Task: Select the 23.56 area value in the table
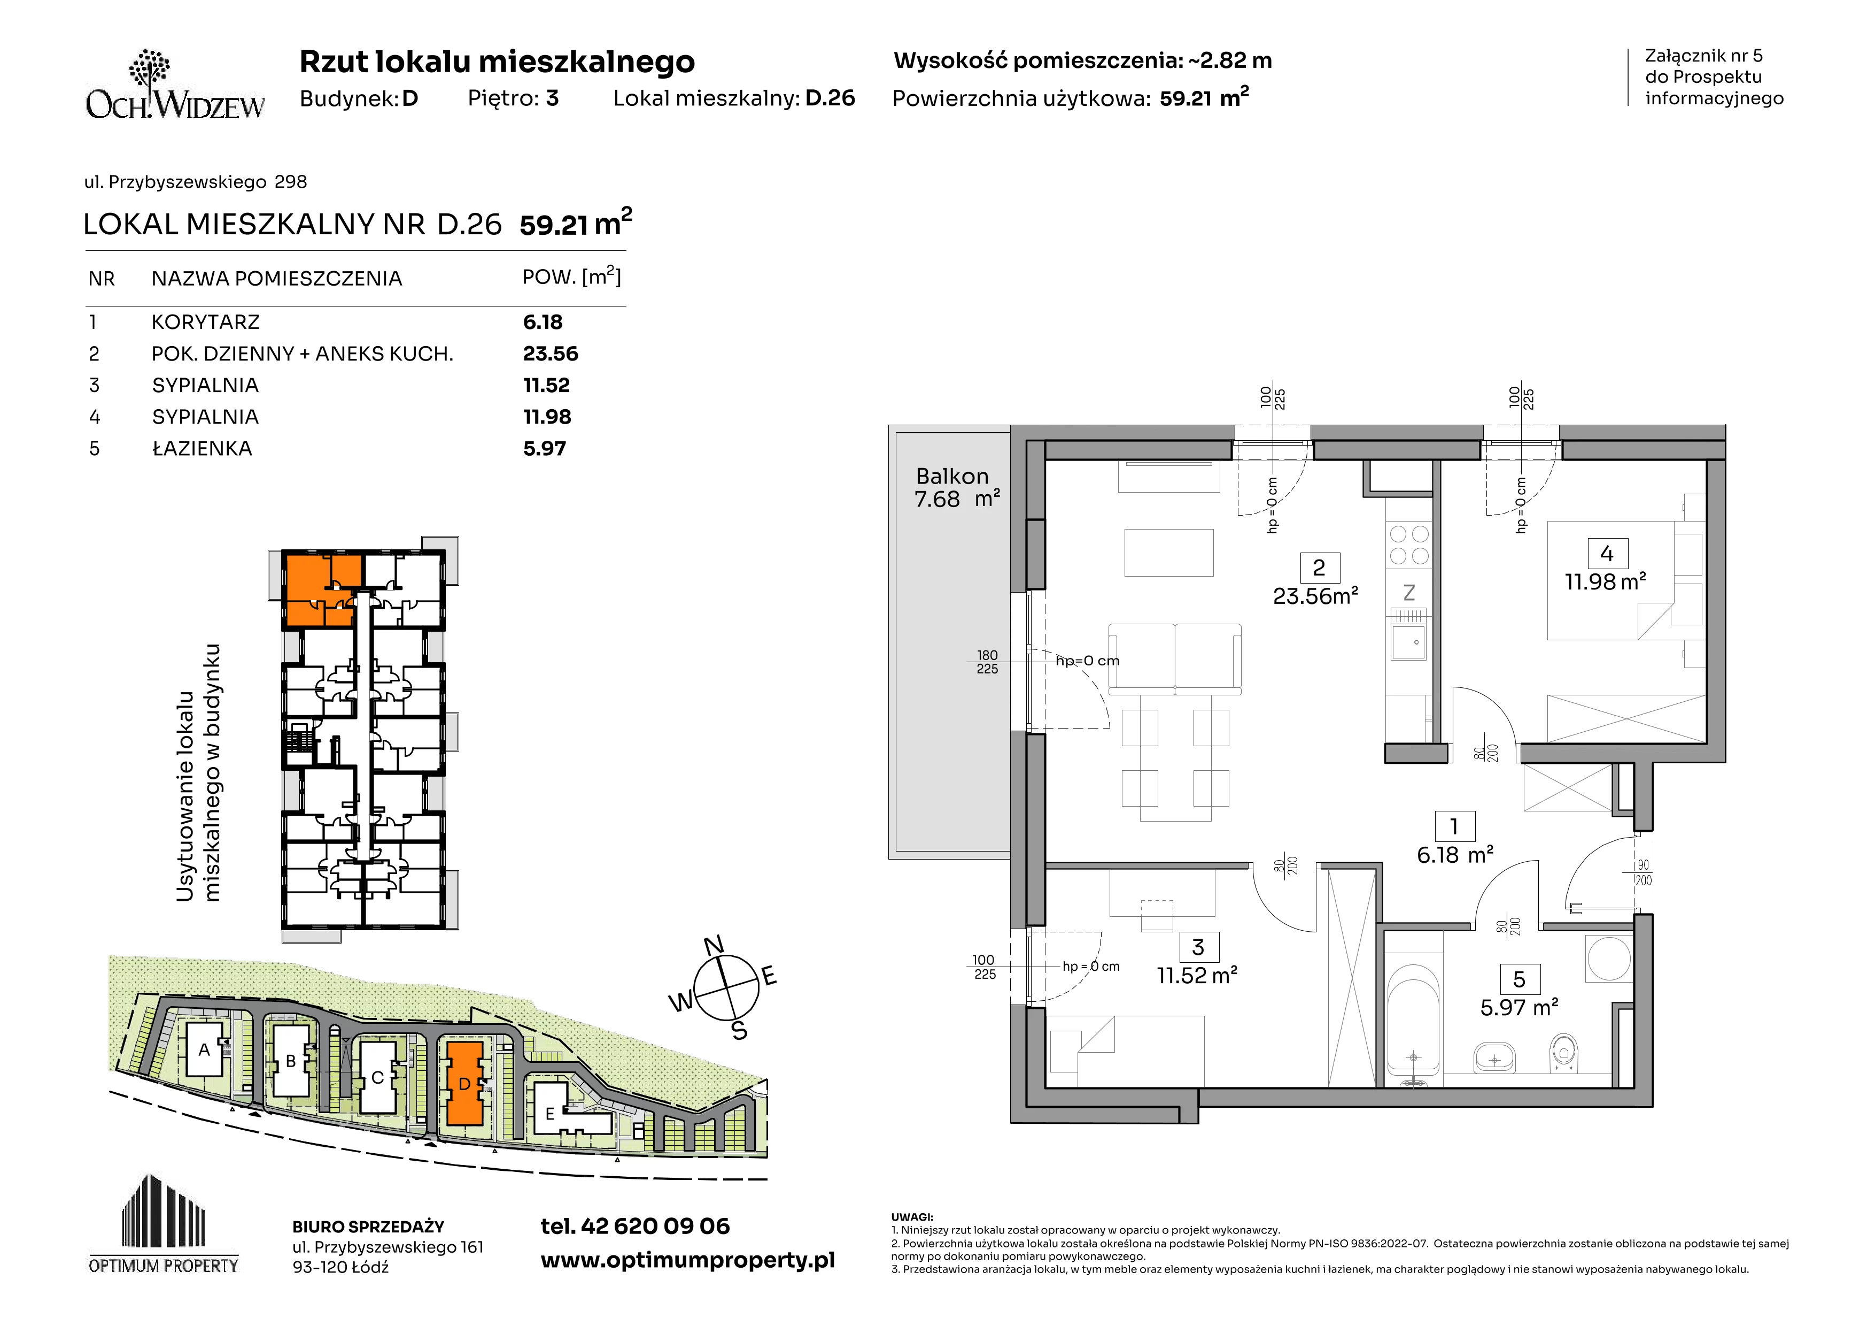tap(551, 354)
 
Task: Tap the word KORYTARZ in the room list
tap(206, 322)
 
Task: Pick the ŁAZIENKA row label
tap(202, 449)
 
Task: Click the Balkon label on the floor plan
tap(952, 476)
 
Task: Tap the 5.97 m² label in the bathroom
tap(1519, 1007)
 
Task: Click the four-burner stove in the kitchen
tap(1409, 545)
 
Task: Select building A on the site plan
tap(204, 1050)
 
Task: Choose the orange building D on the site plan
tap(464, 1083)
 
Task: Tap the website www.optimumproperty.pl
tap(687, 1261)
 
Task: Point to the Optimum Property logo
tap(164, 1224)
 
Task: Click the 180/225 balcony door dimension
tap(987, 662)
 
